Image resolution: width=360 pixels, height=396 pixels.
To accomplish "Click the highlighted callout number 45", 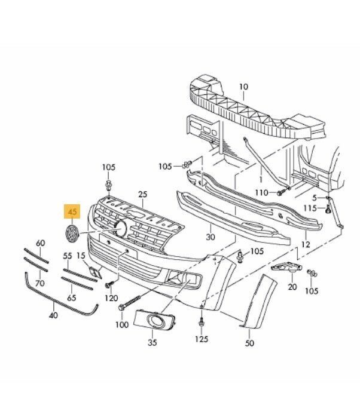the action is (72, 211).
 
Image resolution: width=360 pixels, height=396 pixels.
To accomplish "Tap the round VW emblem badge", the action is (72, 234).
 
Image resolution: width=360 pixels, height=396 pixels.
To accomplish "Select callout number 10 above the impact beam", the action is (243, 87).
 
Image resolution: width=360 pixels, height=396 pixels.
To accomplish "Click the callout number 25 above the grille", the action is (142, 194).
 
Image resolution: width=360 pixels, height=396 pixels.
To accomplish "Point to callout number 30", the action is (210, 237).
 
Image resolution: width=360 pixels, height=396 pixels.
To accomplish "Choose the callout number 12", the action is (306, 244).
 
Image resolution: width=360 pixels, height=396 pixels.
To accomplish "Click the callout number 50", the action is (249, 343).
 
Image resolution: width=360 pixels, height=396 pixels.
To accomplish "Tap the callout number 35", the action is (152, 342).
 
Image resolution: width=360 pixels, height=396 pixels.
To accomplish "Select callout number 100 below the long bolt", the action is (122, 325).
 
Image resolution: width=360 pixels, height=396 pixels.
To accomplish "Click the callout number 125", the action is (202, 339).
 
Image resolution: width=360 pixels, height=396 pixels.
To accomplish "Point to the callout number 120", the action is (111, 298).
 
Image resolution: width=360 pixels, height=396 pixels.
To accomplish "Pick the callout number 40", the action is (54, 315).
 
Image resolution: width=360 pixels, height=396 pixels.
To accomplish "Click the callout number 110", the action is (261, 193).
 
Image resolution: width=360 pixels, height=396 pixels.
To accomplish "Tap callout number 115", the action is (310, 208).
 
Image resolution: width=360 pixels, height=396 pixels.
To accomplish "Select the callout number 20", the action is (292, 287).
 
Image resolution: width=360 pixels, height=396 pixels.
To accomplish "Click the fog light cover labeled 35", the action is (154, 320).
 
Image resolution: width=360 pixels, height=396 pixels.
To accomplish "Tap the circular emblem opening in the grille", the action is (121, 229).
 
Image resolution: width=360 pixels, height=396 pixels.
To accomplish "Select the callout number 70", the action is (40, 283).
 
